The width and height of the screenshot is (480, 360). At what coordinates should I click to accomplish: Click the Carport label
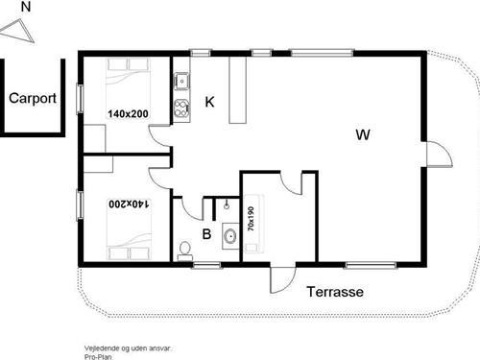(33, 97)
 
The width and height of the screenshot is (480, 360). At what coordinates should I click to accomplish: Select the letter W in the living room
(362, 134)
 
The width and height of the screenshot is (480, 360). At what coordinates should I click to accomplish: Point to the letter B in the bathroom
(205, 232)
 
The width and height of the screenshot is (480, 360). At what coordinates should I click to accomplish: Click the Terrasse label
(334, 292)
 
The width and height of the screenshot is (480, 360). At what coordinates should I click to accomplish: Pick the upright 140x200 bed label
(128, 114)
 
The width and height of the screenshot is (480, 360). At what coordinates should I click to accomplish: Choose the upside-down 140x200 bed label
(128, 204)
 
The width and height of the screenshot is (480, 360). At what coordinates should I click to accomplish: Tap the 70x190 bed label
(252, 220)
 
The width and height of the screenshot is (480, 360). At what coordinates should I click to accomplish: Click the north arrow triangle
(19, 31)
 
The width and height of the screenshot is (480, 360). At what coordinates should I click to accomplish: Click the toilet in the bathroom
(185, 250)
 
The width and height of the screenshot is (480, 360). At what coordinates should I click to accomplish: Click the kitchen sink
(180, 82)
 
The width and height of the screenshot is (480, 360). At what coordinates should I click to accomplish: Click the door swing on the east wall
(436, 154)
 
